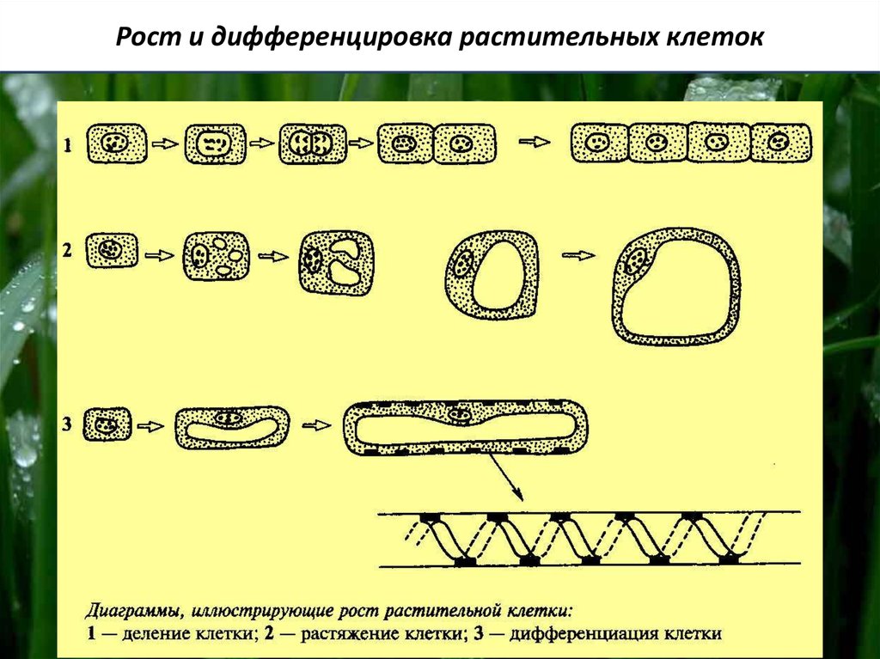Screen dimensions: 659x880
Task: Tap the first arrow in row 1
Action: click(162, 144)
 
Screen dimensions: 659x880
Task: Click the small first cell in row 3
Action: click(108, 424)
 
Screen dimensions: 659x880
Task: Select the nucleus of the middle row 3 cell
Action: click(229, 418)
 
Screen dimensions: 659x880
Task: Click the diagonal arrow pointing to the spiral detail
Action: click(505, 478)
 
